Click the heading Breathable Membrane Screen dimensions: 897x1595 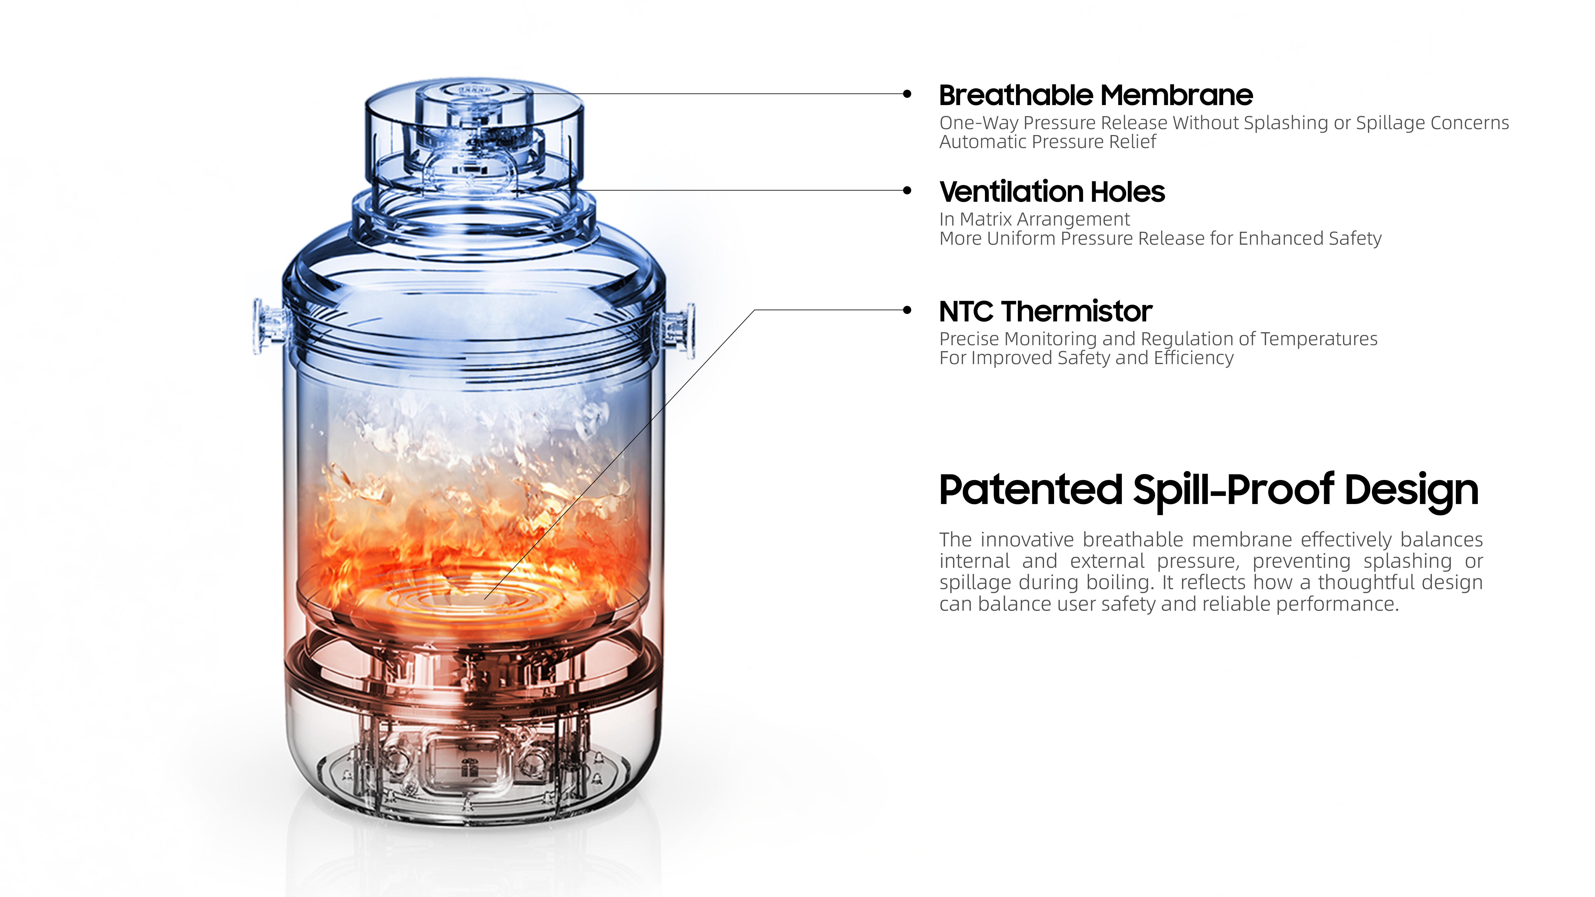coord(1095,95)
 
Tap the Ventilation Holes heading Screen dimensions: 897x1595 coord(1051,192)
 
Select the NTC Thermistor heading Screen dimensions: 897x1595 coord(1045,311)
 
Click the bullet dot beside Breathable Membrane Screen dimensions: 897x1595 coord(907,94)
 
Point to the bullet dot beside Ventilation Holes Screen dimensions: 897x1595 coord(907,191)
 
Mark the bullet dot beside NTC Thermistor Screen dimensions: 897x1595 coord(907,310)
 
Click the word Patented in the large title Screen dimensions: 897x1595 coord(1030,490)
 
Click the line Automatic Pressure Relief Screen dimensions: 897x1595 coord(1047,142)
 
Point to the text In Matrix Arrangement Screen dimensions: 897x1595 coord(1034,219)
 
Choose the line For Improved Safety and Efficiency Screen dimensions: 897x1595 coord(1086,358)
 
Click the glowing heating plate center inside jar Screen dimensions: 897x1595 coord(470,599)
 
